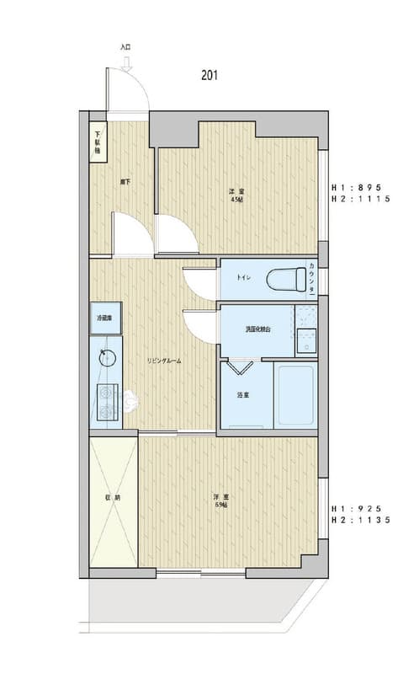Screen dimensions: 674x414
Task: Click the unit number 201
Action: point(210,75)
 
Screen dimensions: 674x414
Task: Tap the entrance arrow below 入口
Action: point(125,60)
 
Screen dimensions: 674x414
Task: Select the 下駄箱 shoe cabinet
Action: point(98,141)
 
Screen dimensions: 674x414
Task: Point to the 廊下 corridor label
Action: point(125,180)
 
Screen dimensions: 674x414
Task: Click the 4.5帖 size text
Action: point(236,200)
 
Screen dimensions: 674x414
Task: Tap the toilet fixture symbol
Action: point(286,278)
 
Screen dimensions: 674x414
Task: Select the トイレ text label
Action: point(242,275)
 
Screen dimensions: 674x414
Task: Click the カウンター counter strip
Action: point(312,277)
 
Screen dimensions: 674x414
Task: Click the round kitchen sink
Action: point(106,356)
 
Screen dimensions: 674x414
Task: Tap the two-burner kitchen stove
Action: point(107,401)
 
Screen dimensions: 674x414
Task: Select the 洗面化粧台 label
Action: point(257,329)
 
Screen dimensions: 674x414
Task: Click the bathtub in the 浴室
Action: point(295,394)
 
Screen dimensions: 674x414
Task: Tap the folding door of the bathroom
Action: point(240,367)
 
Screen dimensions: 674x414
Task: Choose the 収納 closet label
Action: point(112,497)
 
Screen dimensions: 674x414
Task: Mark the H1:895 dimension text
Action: point(357,187)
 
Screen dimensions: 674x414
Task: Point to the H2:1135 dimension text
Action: point(357,522)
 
